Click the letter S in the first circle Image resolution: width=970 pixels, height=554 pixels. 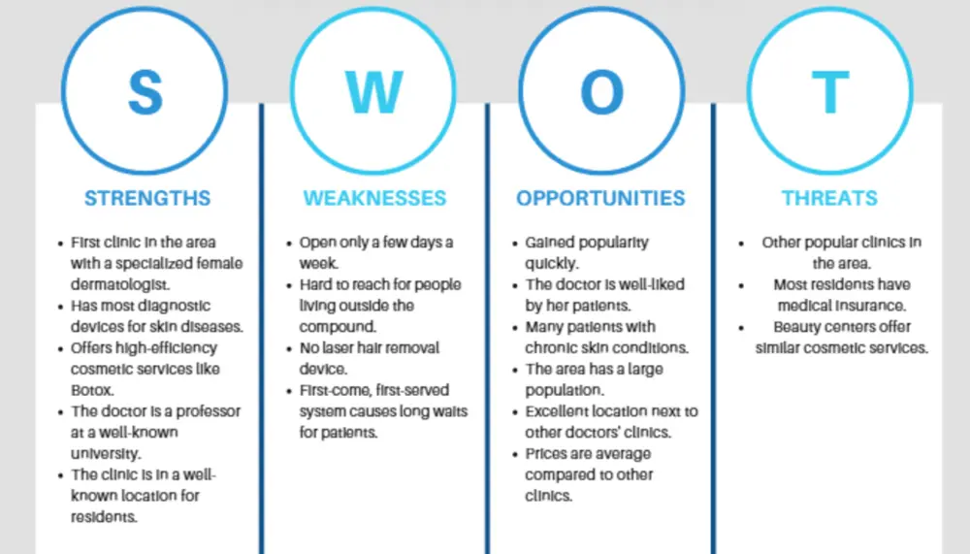(145, 91)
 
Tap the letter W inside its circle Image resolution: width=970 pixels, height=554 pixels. (373, 91)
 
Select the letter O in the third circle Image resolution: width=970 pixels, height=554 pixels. (601, 91)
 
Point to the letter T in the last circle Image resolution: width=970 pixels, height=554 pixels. (829, 91)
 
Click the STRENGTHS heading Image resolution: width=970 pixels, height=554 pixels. (147, 198)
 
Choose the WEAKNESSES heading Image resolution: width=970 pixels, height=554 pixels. (374, 198)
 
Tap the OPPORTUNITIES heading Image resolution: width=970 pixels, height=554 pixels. (600, 198)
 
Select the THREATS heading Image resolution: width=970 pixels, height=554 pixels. (829, 198)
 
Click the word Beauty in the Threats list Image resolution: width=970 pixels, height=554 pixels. (798, 327)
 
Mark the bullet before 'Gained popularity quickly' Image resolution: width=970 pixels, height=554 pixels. (515, 243)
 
